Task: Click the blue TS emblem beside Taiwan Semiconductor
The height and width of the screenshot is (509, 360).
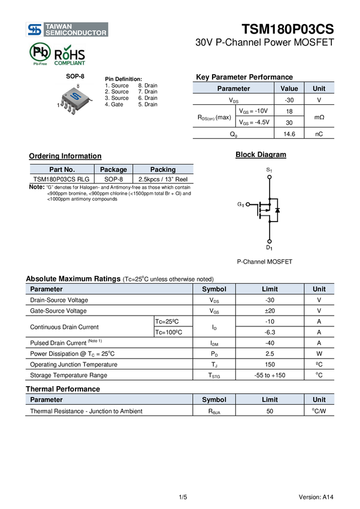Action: click(x=35, y=29)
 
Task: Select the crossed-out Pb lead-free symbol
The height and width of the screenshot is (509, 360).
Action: click(x=39, y=53)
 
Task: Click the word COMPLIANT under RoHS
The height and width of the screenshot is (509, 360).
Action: click(x=71, y=62)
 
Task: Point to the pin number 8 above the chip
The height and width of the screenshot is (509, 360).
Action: click(x=77, y=85)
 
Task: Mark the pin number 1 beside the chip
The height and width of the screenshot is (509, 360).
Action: click(x=58, y=105)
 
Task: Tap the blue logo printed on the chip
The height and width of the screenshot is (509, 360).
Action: click(x=75, y=96)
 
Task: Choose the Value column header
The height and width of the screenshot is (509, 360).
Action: click(x=289, y=89)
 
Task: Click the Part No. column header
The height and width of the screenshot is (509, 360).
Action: click(x=62, y=169)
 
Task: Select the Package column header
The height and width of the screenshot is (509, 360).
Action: click(x=113, y=169)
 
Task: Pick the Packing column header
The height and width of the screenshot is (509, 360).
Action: click(x=163, y=169)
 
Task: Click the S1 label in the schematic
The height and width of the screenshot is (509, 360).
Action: click(x=269, y=171)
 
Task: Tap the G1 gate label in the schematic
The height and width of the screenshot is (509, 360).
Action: click(x=240, y=205)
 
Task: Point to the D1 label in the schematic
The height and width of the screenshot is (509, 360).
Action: click(x=269, y=247)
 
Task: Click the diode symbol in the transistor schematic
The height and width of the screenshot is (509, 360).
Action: click(x=277, y=210)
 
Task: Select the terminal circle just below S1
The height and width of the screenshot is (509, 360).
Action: click(x=269, y=177)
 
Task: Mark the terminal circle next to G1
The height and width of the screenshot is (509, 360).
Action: click(x=247, y=205)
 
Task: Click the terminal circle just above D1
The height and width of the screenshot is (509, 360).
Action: click(x=269, y=241)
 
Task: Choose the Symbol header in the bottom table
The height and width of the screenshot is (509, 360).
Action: click(x=214, y=399)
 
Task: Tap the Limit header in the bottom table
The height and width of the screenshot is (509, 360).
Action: click(x=270, y=399)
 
